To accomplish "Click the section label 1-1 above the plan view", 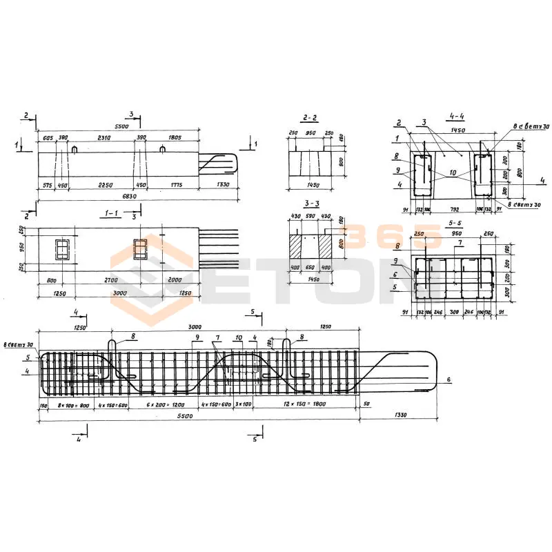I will tap(110, 215).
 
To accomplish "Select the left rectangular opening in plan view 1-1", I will tap(63, 249).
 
